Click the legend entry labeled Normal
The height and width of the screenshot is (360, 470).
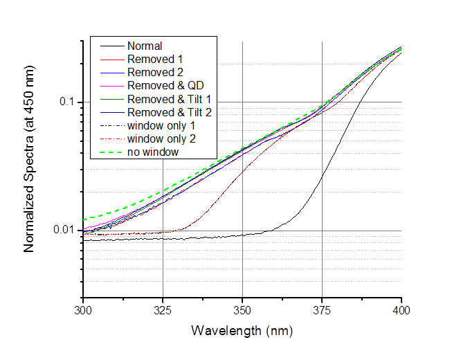tap(144, 46)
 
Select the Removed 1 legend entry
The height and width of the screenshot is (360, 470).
tap(150, 59)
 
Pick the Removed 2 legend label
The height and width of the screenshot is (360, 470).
tap(150, 72)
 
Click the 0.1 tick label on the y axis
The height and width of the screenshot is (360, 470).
tap(69, 102)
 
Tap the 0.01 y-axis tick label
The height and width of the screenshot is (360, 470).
tap(66, 230)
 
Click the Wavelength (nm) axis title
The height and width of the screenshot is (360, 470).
tap(242, 330)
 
